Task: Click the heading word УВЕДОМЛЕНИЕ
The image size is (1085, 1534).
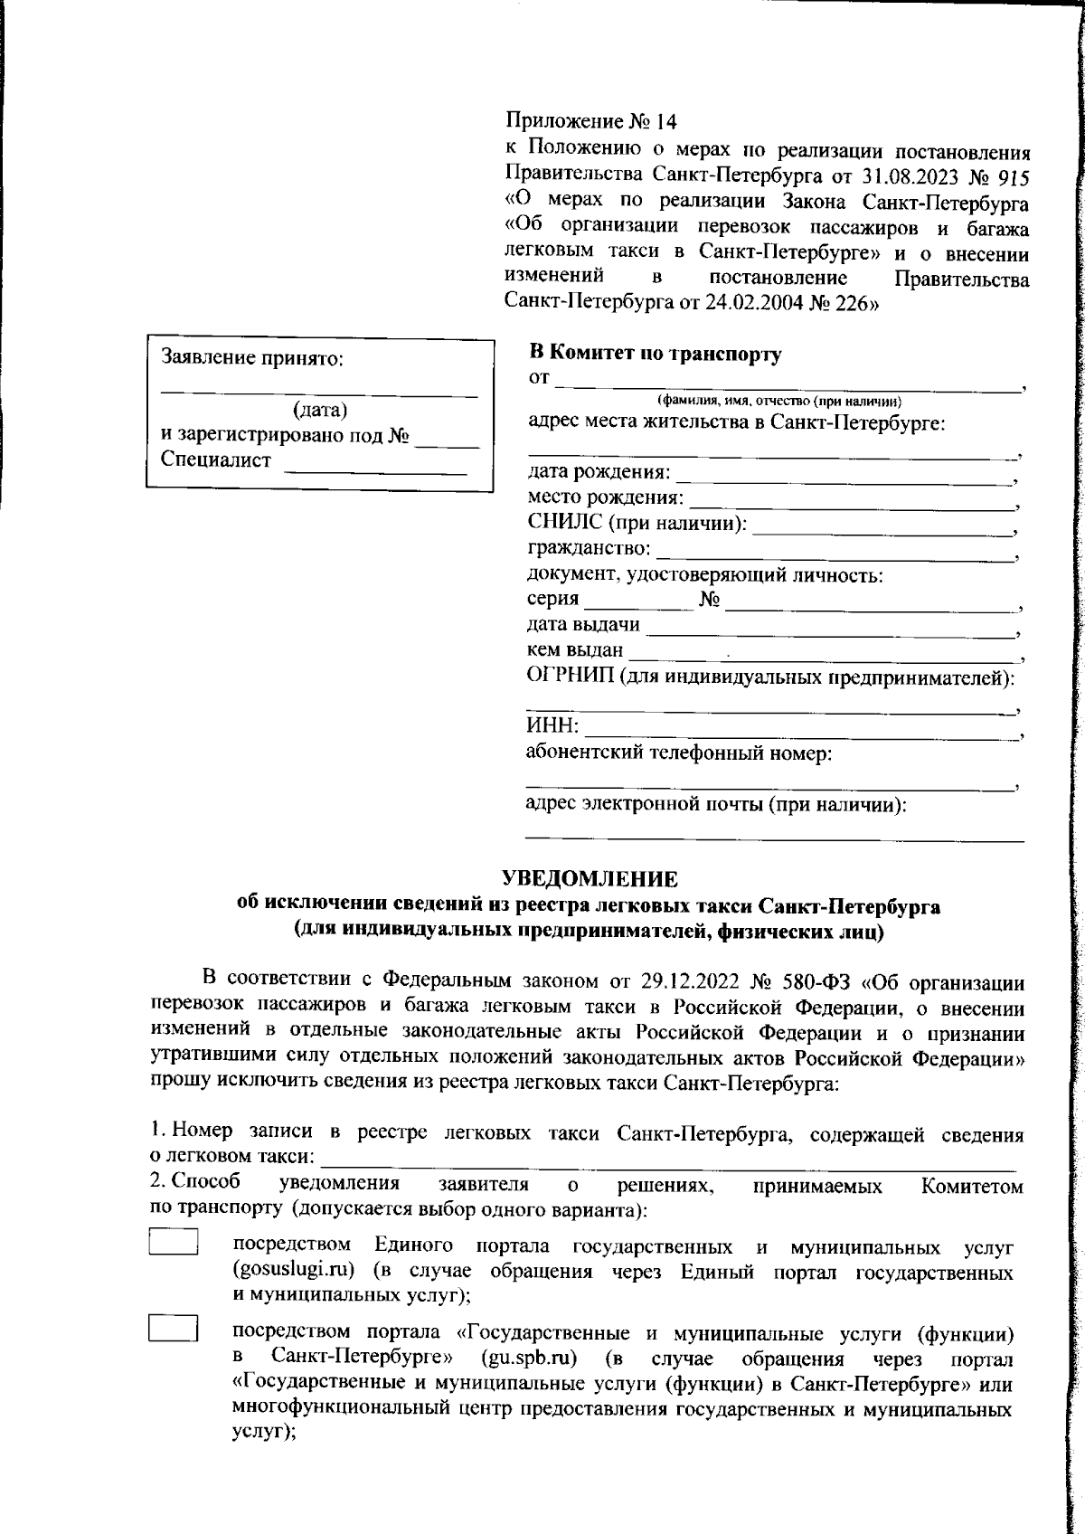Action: click(590, 878)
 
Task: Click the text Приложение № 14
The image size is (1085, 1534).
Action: click(590, 121)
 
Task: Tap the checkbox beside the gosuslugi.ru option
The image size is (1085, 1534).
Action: click(174, 1241)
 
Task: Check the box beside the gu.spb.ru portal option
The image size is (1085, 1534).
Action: click(174, 1327)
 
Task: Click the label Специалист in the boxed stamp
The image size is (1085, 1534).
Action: click(216, 459)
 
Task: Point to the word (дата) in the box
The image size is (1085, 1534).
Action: click(320, 411)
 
